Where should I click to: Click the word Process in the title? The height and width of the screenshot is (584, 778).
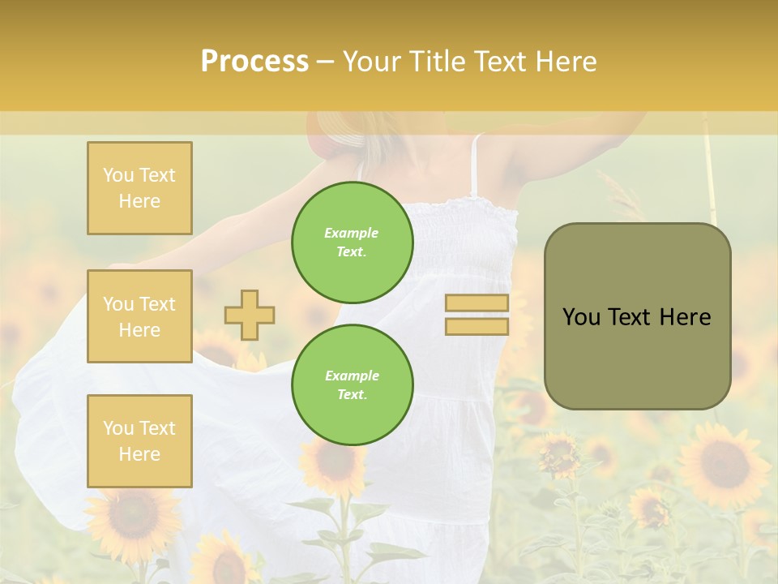254,62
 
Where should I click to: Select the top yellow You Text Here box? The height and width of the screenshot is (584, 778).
139,188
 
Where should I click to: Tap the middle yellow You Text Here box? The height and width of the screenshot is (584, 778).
139,316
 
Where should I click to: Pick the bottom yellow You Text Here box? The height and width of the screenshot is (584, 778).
139,441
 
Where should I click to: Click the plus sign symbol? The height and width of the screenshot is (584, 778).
250,315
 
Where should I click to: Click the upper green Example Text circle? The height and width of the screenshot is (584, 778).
352,242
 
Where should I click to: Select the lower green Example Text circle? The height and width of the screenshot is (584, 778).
352,384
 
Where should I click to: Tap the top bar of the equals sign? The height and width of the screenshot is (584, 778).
477,303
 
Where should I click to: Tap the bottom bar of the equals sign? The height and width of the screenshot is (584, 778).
477,326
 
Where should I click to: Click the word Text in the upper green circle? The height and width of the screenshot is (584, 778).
350,251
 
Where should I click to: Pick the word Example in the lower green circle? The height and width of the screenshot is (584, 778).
352,376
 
